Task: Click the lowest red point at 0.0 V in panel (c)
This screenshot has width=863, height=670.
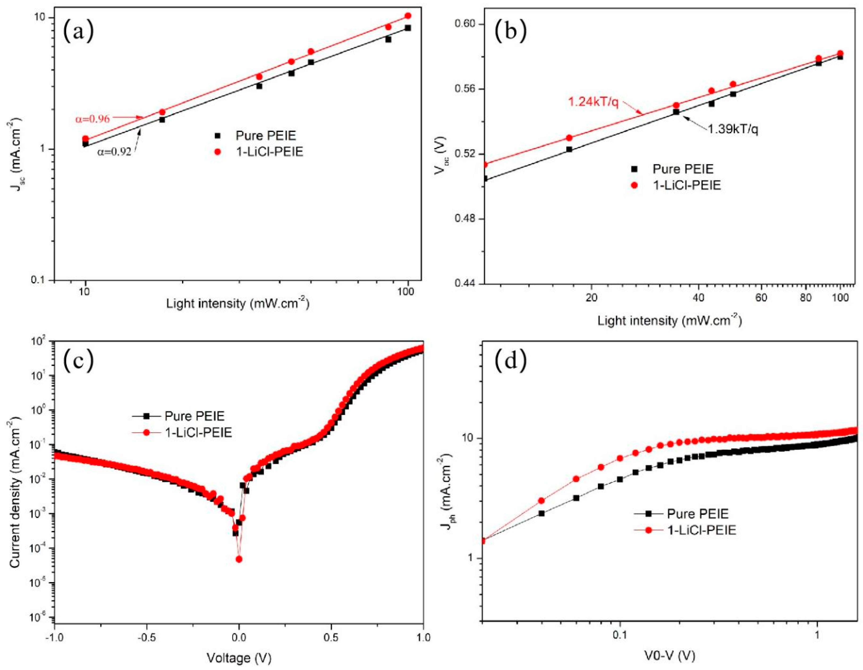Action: pyautogui.click(x=239, y=559)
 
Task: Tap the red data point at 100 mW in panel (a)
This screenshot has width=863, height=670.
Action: pyautogui.click(x=408, y=16)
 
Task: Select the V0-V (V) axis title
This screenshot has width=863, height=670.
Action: pyautogui.click(x=669, y=656)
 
